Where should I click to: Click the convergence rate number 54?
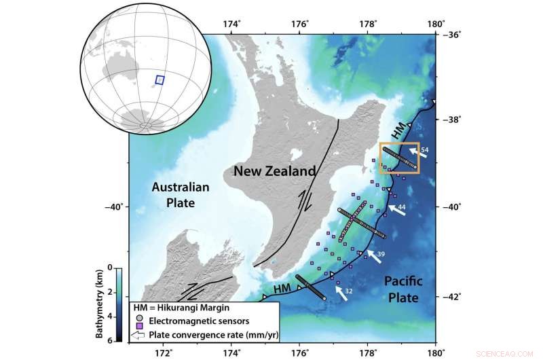pos(426,148)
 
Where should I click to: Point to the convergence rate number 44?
pos(402,206)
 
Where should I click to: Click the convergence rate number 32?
pos(348,291)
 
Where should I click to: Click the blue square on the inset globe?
pos(160,79)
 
